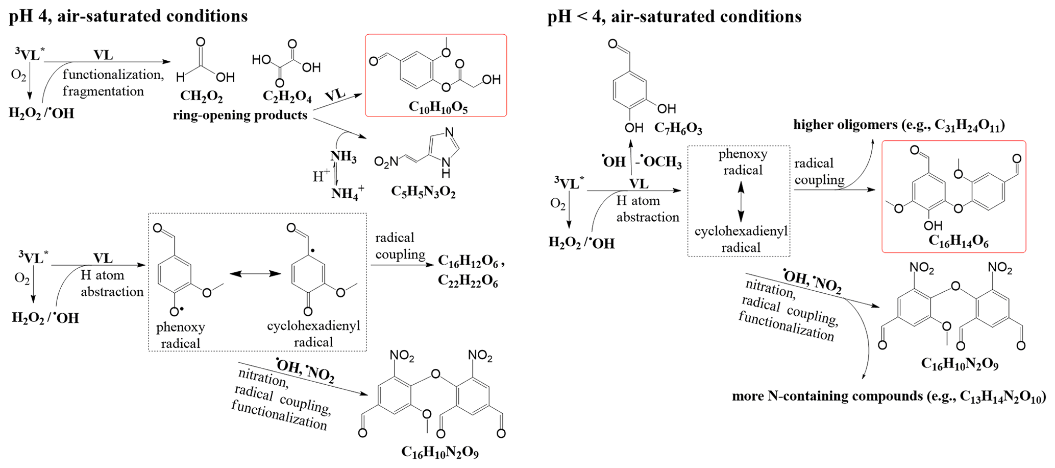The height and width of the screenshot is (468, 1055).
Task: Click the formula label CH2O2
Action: [x=201, y=97]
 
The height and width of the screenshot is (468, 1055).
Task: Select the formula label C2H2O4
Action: [x=287, y=97]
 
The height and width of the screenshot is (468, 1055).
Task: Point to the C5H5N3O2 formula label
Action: [x=423, y=192]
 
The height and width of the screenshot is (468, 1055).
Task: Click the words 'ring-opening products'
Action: [x=240, y=115]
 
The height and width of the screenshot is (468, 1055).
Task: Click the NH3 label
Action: [x=344, y=157]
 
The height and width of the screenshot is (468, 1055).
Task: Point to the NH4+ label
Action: [x=348, y=193]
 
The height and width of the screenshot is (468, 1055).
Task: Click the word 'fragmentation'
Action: [x=103, y=91]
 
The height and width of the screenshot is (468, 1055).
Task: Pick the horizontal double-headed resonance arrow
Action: [x=255, y=274]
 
